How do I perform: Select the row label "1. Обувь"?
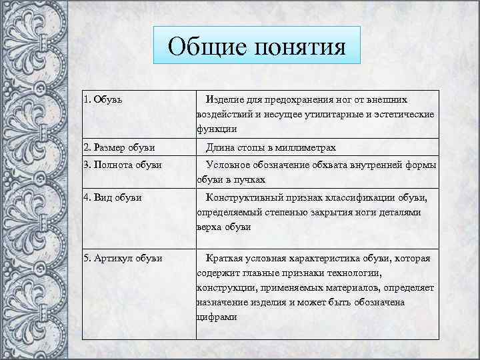[103, 99]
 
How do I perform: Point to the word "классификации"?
[359, 198]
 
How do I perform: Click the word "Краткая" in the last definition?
[226, 258]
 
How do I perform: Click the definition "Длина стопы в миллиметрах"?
[271, 147]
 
